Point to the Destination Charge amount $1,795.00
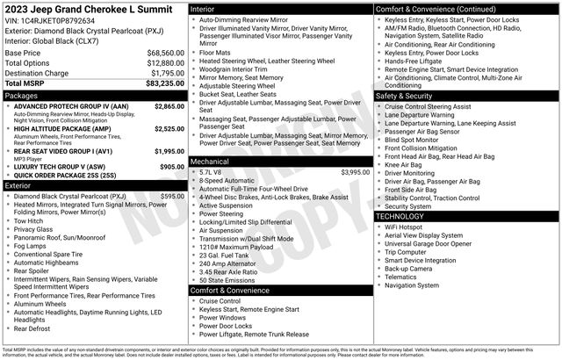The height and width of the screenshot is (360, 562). [x=165, y=73]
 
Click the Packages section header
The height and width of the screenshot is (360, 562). [x=22, y=95]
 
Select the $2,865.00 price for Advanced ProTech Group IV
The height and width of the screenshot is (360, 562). [x=169, y=105]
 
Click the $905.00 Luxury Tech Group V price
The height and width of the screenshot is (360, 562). [x=172, y=166]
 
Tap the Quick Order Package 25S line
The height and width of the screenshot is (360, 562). [x=67, y=176]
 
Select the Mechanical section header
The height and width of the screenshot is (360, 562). [x=211, y=162]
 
